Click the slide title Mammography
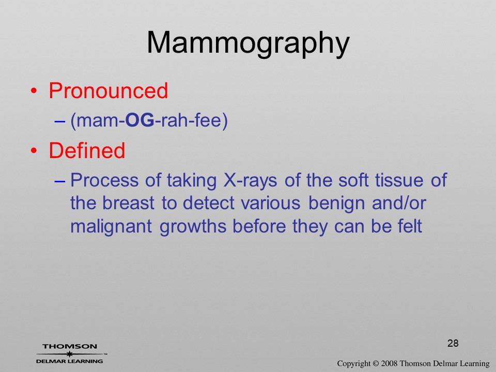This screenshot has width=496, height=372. (x=248, y=43)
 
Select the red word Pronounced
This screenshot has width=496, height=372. (x=108, y=91)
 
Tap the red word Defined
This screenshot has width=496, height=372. (x=87, y=150)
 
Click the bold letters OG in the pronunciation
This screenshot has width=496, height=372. (x=140, y=120)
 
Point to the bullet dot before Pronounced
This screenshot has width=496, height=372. (x=34, y=91)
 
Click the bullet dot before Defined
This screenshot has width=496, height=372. (x=34, y=150)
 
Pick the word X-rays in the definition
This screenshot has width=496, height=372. (x=250, y=180)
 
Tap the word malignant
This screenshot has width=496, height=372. (x=111, y=227)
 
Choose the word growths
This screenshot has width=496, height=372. (x=193, y=227)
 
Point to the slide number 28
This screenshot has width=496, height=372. (x=453, y=343)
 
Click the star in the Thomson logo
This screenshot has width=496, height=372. (x=70, y=354)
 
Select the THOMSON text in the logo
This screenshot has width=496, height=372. (x=70, y=346)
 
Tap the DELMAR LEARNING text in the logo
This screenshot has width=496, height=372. (x=70, y=361)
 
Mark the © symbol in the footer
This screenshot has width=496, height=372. (x=376, y=364)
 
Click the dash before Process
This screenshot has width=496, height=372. (x=60, y=181)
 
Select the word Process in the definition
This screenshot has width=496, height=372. (x=104, y=180)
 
